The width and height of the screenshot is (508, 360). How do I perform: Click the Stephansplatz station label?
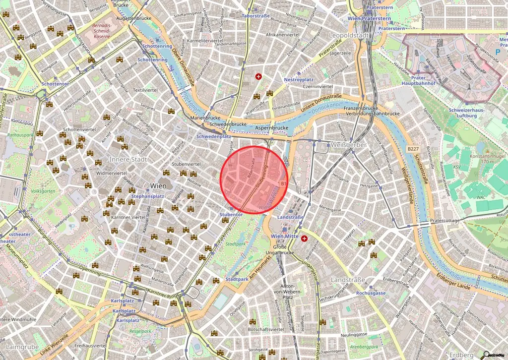(147, 196)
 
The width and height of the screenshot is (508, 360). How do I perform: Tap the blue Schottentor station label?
(55, 84)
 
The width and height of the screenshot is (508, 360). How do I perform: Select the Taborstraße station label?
(255, 16)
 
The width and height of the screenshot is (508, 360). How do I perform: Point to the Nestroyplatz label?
(299, 79)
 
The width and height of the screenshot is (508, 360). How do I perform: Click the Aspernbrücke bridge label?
(272, 127)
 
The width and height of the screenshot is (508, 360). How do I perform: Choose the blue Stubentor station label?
(231, 214)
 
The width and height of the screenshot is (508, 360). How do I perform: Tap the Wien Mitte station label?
(284, 237)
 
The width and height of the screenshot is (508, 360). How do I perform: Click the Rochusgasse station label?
(371, 293)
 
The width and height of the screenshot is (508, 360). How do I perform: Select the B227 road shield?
(413, 148)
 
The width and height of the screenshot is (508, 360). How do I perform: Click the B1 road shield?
(284, 184)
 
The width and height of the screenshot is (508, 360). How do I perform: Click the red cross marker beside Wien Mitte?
(304, 239)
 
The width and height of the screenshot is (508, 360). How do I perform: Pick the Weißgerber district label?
(347, 145)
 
